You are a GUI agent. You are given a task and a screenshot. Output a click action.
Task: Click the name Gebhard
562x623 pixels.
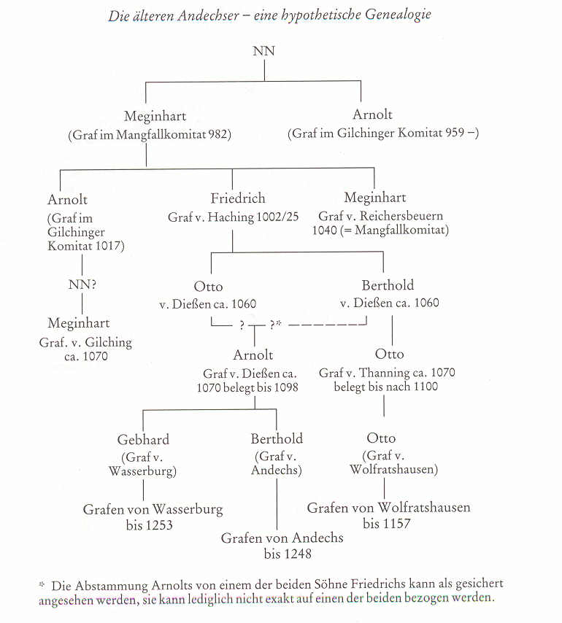click(x=143, y=439)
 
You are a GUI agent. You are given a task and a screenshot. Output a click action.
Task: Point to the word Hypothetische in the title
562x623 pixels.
click(x=293, y=14)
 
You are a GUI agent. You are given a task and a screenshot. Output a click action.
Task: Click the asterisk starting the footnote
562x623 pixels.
click(x=42, y=584)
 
